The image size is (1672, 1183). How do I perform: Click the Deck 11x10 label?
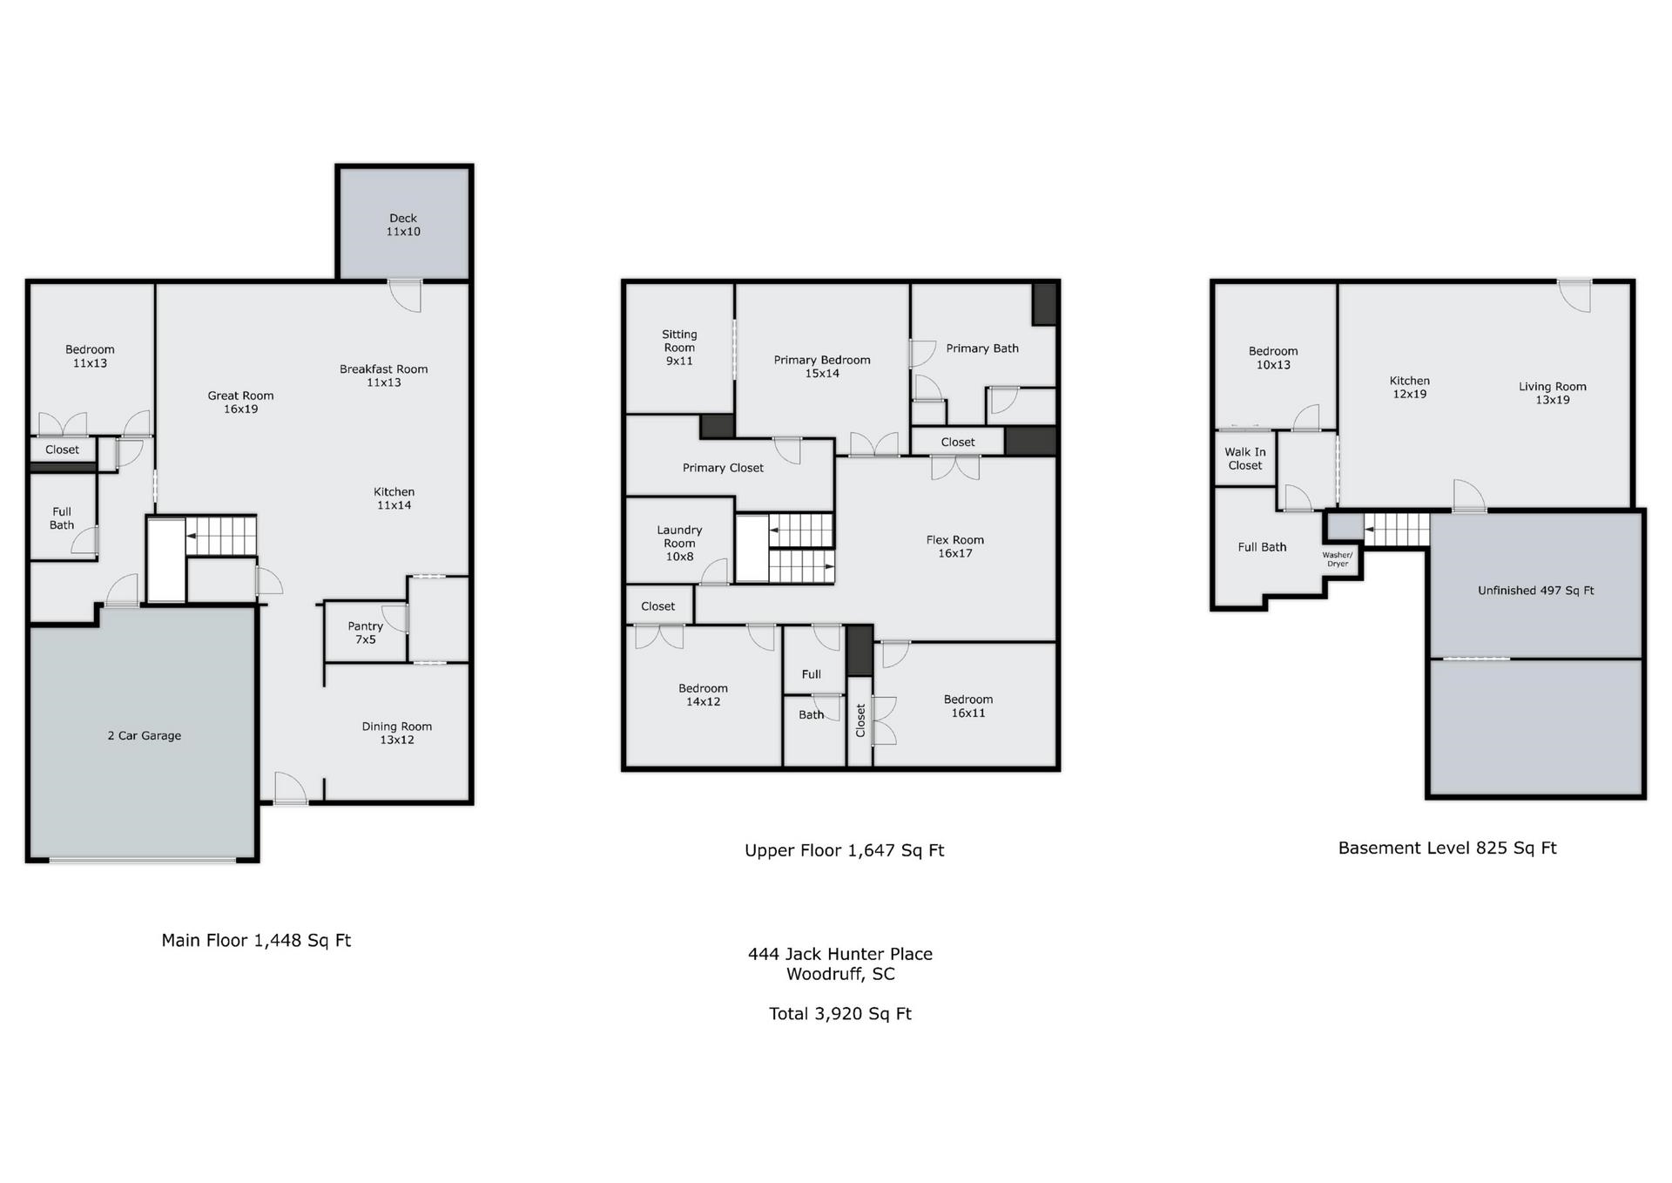coord(403,225)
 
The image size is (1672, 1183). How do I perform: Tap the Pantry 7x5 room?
coord(366,632)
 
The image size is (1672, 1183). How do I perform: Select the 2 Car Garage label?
coord(145,735)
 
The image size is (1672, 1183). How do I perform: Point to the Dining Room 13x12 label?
coord(397,733)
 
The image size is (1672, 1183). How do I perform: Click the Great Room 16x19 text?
coord(240,402)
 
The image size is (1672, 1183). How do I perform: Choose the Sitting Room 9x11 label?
coord(679,347)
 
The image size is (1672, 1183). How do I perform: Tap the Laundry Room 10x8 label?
coord(679,543)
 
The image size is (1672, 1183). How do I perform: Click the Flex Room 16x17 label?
coord(955,546)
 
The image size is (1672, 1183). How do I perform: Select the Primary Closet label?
coord(723,468)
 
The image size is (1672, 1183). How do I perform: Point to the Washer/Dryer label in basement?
coord(1338,559)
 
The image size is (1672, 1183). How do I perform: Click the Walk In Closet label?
coord(1245,458)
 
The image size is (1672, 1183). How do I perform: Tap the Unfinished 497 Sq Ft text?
coord(1536,591)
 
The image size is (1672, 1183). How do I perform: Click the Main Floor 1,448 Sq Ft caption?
coord(256,940)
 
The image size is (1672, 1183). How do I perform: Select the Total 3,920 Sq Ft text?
coord(840,1013)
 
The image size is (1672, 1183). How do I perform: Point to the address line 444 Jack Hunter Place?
coord(840,954)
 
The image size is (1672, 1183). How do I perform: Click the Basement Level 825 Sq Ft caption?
coord(1447,848)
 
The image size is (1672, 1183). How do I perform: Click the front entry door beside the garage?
coord(291,788)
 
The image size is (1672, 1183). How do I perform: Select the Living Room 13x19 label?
coord(1553,393)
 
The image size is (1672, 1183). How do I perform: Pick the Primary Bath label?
coord(982,348)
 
